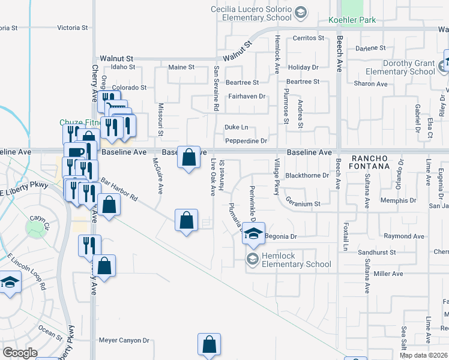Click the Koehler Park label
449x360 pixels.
point(352,20)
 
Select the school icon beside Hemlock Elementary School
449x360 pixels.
point(252,259)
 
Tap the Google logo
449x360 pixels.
point(20,352)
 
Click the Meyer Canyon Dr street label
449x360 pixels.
point(124,340)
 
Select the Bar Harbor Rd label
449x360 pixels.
point(119,188)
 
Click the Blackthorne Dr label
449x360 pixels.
point(307,176)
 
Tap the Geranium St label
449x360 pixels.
point(303,204)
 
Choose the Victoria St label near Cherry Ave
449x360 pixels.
point(72,28)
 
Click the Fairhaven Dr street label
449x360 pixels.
point(246,96)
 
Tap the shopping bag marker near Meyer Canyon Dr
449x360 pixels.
point(209,344)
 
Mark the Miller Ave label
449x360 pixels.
point(388,274)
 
